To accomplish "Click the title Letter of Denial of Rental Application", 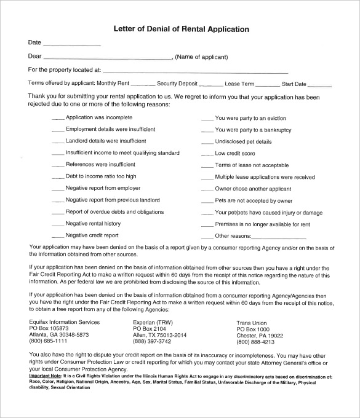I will point(180,29).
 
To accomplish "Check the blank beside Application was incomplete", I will point(57,118).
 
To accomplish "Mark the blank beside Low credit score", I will point(206,154).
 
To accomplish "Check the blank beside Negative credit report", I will point(57,236).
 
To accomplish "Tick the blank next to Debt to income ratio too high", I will point(57,177).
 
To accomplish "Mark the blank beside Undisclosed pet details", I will point(206,142).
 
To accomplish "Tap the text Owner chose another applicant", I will point(254,189).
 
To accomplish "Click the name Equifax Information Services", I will point(64,323).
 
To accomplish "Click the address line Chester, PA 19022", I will point(260,335).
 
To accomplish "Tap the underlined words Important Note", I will point(48,374).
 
